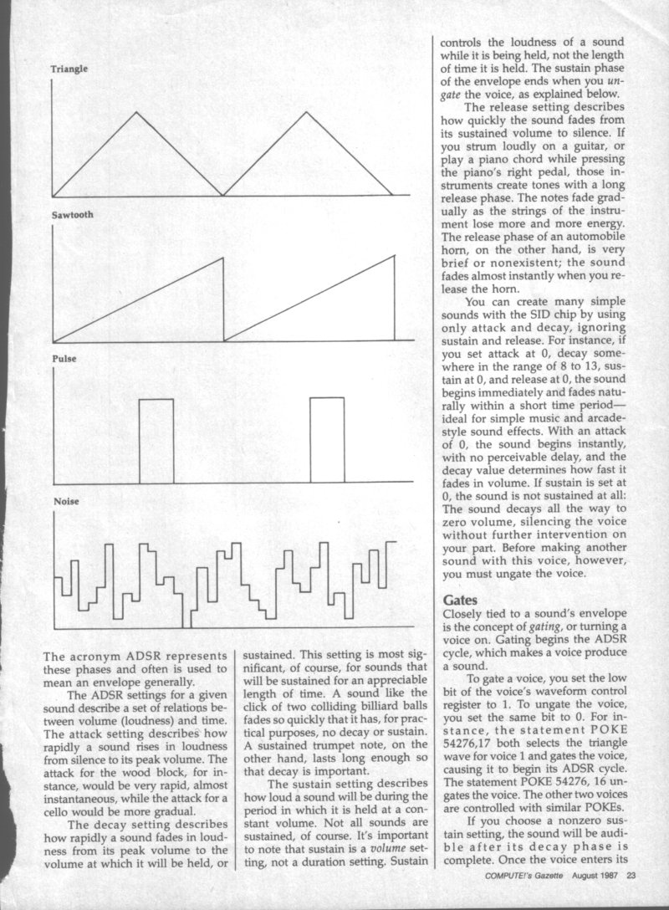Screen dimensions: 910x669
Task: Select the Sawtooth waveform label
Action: (72, 215)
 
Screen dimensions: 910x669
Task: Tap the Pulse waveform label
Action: (64, 359)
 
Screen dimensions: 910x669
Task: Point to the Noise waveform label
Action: (65, 501)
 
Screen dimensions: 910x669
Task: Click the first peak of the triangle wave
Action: (136, 112)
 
